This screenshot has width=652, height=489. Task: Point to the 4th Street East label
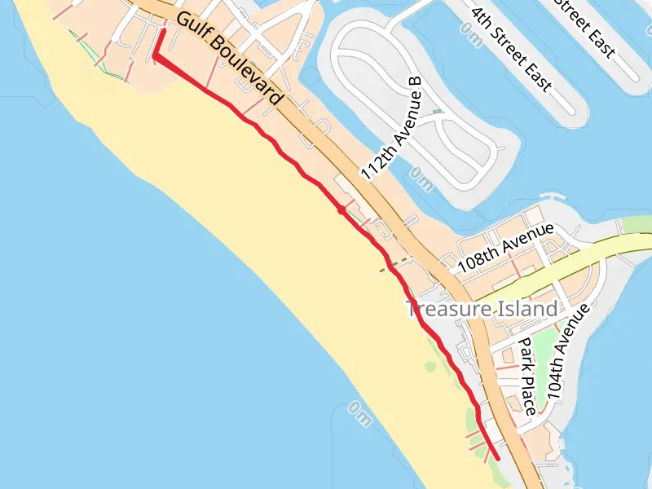click(511, 50)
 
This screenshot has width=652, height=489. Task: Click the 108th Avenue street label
click(505, 249)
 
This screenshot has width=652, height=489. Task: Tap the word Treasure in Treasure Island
click(447, 310)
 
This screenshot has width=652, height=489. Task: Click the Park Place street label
click(527, 377)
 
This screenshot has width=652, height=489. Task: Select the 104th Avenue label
click(567, 352)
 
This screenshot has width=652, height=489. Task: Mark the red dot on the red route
click(340, 209)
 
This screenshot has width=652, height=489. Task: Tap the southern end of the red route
click(497, 458)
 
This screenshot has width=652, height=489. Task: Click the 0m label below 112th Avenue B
click(421, 177)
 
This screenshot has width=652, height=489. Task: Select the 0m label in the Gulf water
click(359, 412)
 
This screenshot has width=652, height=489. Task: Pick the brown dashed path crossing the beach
click(394, 264)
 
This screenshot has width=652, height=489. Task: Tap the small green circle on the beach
click(430, 367)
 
